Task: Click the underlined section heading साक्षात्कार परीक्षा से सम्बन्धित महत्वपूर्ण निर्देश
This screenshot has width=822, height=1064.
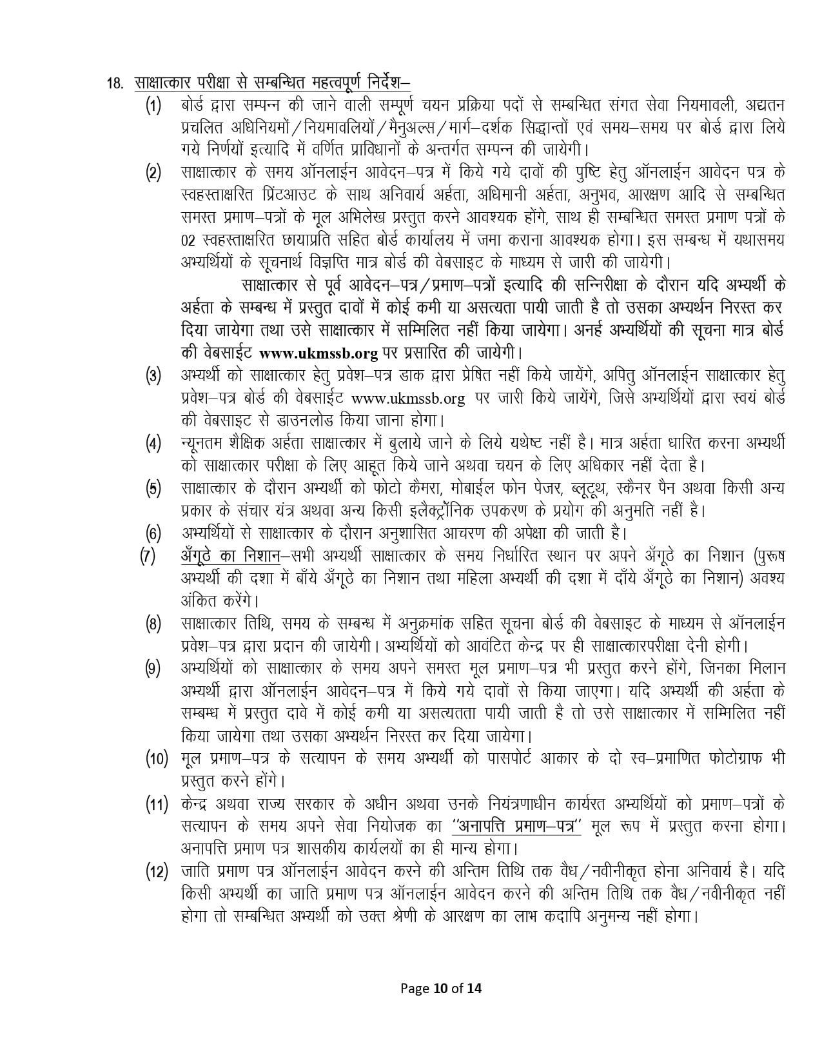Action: pyautogui.click(x=272, y=83)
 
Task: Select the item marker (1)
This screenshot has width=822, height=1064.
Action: pyautogui.click(x=153, y=106)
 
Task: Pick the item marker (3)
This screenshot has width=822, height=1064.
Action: pyautogui.click(x=153, y=377)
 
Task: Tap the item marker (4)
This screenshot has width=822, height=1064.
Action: pyautogui.click(x=153, y=444)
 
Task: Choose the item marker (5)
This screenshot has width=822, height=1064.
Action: pyautogui.click(x=153, y=488)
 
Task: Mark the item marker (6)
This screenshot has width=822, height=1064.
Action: pyautogui.click(x=153, y=533)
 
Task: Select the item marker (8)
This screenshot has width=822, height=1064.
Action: pyautogui.click(x=153, y=624)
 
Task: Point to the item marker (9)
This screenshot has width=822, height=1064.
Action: pyautogui.click(x=153, y=669)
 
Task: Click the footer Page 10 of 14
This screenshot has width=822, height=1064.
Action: pyautogui.click(x=442, y=1005)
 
